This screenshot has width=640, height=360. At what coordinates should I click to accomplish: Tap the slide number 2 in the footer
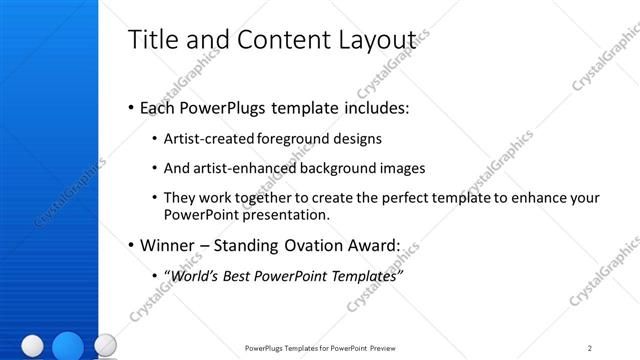point(590,348)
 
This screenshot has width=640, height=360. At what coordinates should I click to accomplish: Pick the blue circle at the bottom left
point(67,345)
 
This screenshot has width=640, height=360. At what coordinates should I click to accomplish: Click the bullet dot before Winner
point(132,245)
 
